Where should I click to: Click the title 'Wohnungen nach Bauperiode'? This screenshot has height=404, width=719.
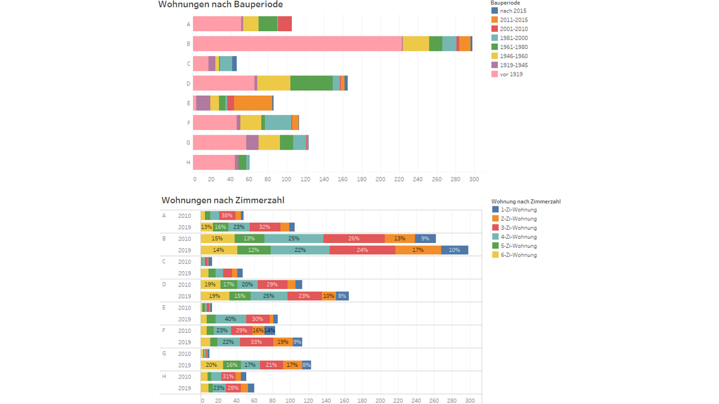220,5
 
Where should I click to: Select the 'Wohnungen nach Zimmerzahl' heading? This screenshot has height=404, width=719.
223,201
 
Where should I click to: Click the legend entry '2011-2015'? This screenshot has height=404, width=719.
513,20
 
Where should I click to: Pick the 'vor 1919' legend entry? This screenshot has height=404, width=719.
511,74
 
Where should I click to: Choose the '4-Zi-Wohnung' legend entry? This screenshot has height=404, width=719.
518,237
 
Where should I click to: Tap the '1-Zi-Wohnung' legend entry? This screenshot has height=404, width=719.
518,210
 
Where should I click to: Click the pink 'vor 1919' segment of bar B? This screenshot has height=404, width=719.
297,44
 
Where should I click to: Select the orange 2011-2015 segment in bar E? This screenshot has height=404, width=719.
253,103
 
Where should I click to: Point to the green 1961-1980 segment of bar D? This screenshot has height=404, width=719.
312,83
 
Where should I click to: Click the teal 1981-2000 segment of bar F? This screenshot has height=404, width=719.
278,123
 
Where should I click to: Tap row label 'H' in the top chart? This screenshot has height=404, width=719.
188,162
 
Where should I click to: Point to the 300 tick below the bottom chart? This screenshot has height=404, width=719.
470,400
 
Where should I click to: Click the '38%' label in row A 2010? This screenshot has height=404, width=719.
226,215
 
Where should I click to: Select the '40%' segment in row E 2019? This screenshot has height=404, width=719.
231,319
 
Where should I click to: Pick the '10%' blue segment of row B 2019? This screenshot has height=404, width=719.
454,250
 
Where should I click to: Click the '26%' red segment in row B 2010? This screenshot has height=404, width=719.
354,239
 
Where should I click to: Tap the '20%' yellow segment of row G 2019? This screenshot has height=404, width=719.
212,365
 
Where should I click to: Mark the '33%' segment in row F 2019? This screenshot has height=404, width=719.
256,342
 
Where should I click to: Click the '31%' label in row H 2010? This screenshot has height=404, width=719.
228,376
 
